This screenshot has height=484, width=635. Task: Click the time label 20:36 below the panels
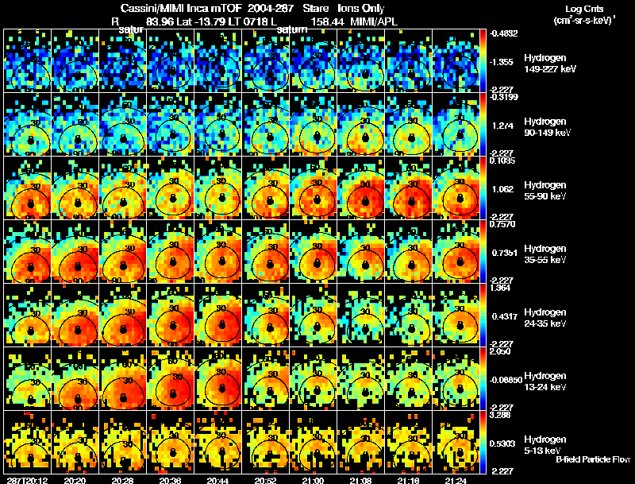(171, 480)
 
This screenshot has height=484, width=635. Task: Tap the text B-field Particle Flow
(593, 459)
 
